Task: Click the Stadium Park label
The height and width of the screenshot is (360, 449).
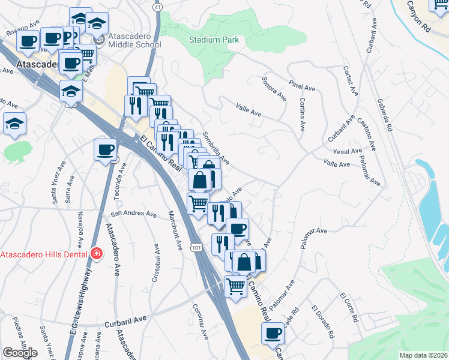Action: tap(214, 40)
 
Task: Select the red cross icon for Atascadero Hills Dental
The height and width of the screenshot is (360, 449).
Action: tap(95, 254)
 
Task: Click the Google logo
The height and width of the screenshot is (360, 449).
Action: tap(20, 353)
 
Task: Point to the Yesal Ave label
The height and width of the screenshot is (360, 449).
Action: tap(349, 151)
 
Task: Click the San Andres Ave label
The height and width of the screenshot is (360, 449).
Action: tap(133, 214)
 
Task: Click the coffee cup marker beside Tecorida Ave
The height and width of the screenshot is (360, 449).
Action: tap(106, 149)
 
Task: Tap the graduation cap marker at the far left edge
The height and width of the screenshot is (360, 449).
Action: tap(15, 123)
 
